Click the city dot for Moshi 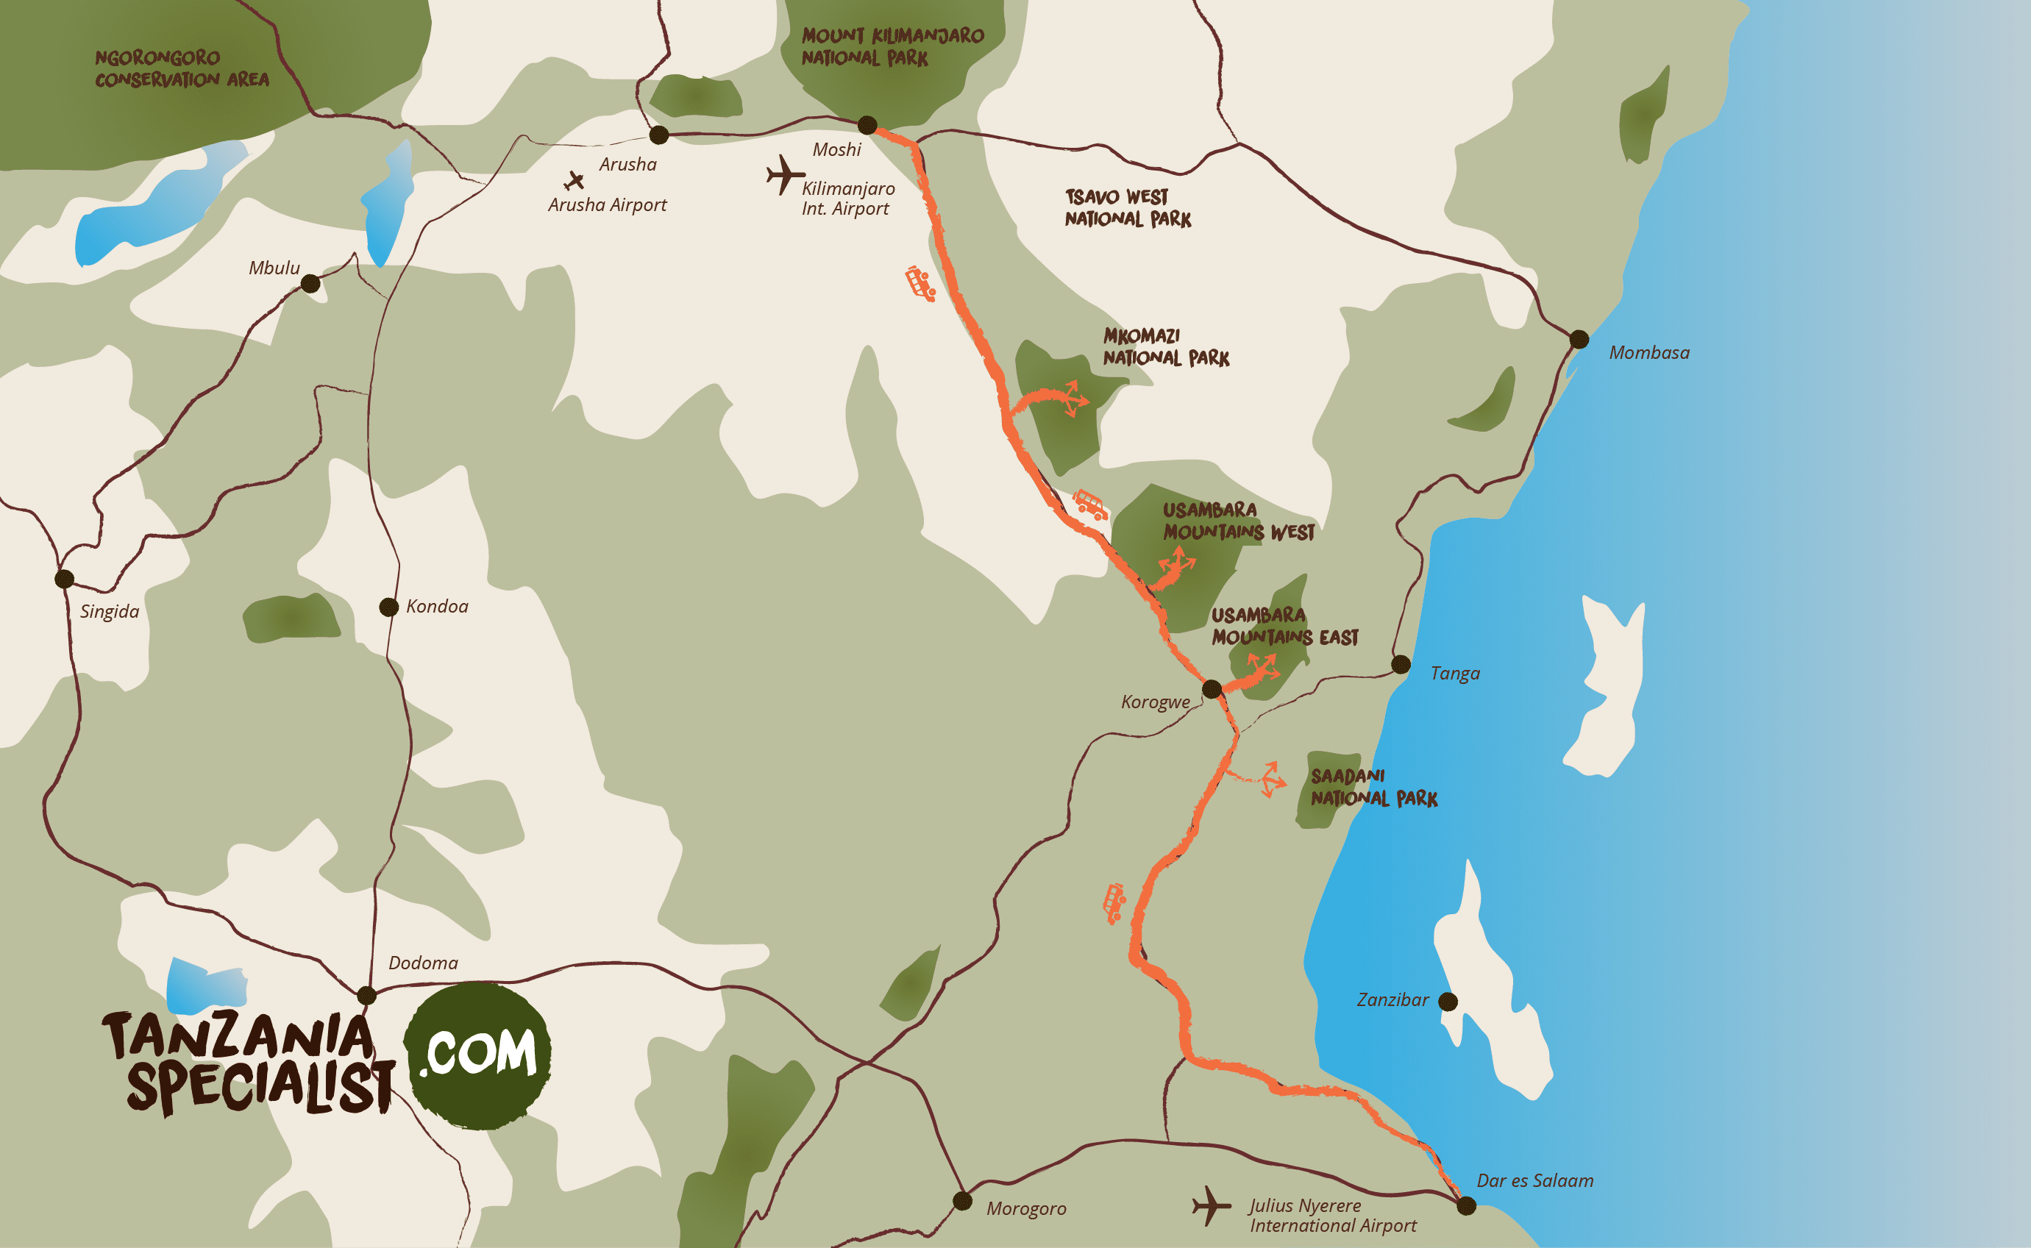click(x=867, y=126)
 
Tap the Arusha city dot click(x=659, y=135)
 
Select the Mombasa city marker click(x=1579, y=339)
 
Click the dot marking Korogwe click(x=1211, y=689)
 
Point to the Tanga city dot click(x=1401, y=664)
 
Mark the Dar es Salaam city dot click(x=1466, y=1206)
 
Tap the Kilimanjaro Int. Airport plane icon click(x=783, y=175)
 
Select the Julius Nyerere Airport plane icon click(x=1211, y=1206)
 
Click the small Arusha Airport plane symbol click(x=574, y=180)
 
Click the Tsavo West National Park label click(x=1127, y=208)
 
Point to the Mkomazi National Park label click(x=1165, y=346)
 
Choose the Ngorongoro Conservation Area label click(x=182, y=68)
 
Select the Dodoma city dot click(x=366, y=996)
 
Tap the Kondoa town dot click(x=389, y=607)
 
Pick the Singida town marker click(x=65, y=579)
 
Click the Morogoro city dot click(x=963, y=1200)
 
